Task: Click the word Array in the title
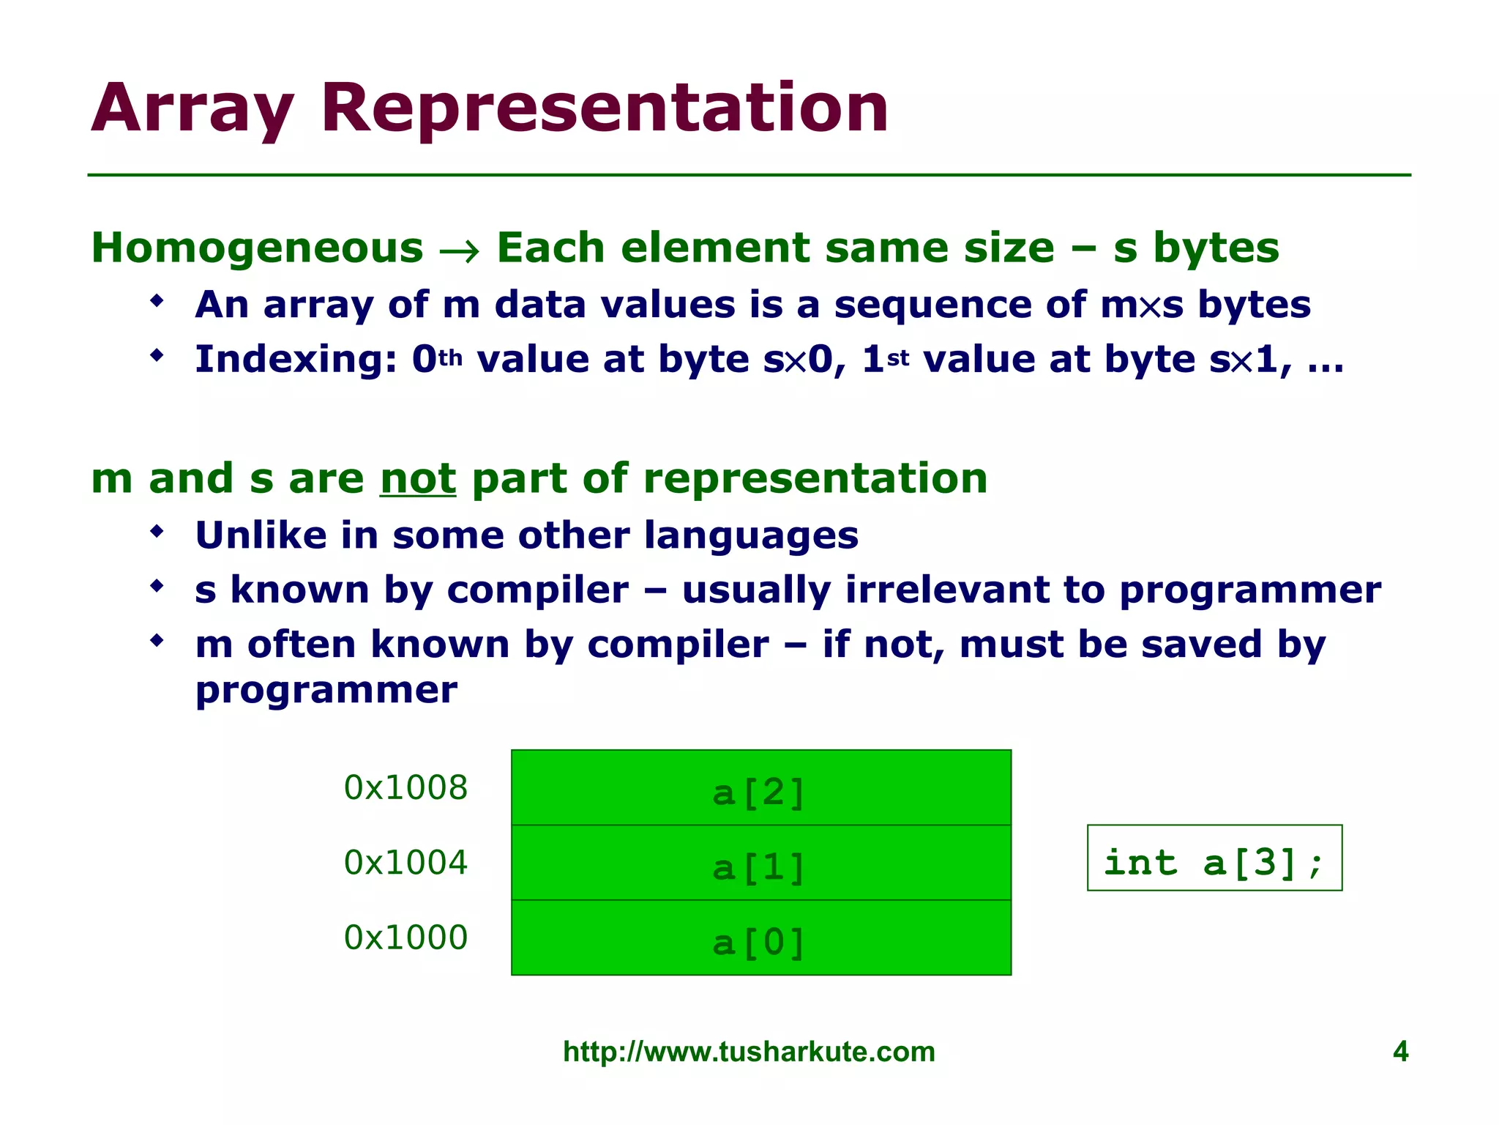pyautogui.click(x=192, y=110)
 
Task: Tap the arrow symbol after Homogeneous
pyautogui.click(x=460, y=251)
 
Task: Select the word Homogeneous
pyautogui.click(x=257, y=248)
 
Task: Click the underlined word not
pyautogui.click(x=418, y=479)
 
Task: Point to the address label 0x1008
pyautogui.click(x=405, y=788)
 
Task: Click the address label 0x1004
pyautogui.click(x=405, y=863)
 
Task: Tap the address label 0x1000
pyautogui.click(x=405, y=938)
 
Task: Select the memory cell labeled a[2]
pyautogui.click(x=760, y=787)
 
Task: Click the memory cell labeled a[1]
pyautogui.click(x=760, y=863)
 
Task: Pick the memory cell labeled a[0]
pyautogui.click(x=760, y=938)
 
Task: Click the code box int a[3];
pyautogui.click(x=1214, y=858)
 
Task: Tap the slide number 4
pyautogui.click(x=1400, y=1052)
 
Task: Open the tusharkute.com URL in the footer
pyautogui.click(x=749, y=1052)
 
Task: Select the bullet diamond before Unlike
pyautogui.click(x=157, y=531)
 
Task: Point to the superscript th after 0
pyautogui.click(x=451, y=358)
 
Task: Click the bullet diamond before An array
pyautogui.click(x=157, y=300)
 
